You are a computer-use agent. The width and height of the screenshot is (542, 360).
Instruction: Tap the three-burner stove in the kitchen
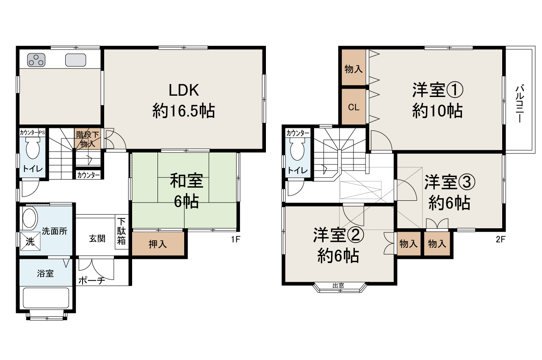(36, 60)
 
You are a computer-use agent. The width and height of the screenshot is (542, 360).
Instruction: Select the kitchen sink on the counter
(76, 60)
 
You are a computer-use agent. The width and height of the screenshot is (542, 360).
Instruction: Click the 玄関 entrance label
(97, 238)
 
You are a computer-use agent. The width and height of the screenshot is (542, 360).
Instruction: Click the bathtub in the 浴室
(46, 298)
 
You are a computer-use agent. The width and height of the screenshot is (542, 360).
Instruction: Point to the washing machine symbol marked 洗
(30, 241)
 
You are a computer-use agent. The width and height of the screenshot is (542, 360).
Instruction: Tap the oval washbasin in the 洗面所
(30, 219)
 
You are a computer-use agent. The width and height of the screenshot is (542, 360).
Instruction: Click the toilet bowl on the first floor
(32, 150)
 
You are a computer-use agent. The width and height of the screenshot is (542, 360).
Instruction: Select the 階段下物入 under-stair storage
(88, 139)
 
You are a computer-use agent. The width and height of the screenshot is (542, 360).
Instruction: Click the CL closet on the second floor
(354, 107)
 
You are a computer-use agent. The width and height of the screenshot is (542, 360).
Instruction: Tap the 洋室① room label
(437, 90)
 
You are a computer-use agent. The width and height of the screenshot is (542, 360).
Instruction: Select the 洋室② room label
(338, 236)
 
